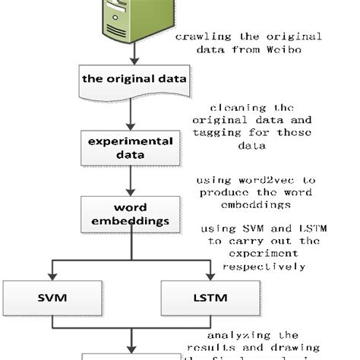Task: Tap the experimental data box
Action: [x=131, y=147]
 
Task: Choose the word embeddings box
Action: [x=131, y=214]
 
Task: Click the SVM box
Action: [x=50, y=298]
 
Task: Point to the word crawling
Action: [x=200, y=36]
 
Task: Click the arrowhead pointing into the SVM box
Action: [x=50, y=276]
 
